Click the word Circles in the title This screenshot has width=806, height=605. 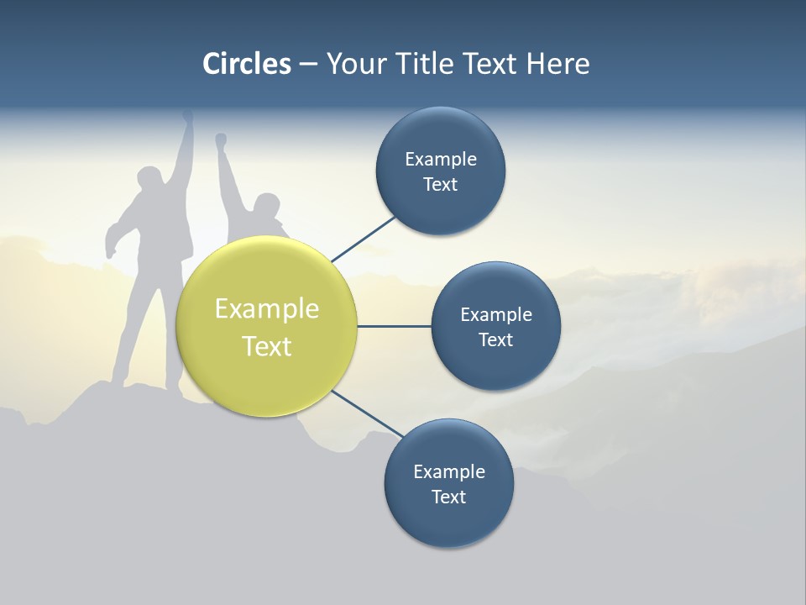[x=247, y=64]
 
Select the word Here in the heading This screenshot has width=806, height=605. [x=557, y=64]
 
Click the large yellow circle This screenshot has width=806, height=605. [x=267, y=326]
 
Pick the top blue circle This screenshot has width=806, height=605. [x=441, y=171]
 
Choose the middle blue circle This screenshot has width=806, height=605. [x=496, y=327]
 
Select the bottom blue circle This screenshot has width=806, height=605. [x=448, y=484]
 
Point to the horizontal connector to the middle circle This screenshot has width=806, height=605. [x=395, y=326]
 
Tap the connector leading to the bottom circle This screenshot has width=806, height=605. [x=366, y=414]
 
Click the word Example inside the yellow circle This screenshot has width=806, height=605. [x=267, y=309]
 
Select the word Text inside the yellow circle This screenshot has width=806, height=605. [x=267, y=346]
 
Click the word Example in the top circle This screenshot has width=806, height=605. [x=441, y=159]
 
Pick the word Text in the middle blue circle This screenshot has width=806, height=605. [x=496, y=339]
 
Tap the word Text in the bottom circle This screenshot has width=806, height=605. [x=448, y=497]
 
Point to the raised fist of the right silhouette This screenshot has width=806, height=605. [x=221, y=140]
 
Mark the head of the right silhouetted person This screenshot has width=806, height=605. [x=266, y=205]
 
